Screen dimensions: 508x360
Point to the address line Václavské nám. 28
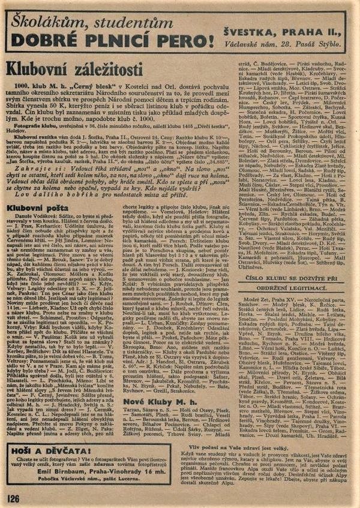(260, 43)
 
